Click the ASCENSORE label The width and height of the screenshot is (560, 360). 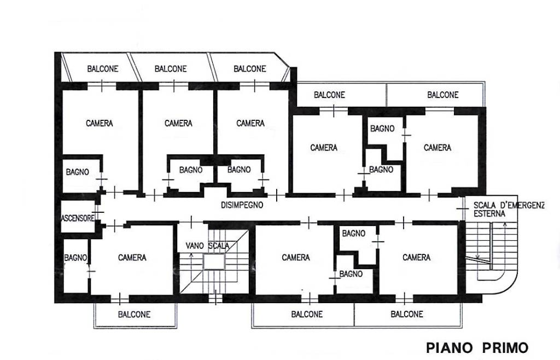click(x=78, y=218)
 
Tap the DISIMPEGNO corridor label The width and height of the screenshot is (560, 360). click(x=242, y=205)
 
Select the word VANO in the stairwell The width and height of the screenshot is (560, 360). click(x=195, y=246)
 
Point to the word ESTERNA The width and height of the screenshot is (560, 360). click(x=489, y=213)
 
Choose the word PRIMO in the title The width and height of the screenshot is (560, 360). click(x=505, y=347)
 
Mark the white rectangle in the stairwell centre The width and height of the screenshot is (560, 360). click(x=214, y=262)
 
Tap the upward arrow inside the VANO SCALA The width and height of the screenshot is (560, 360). click(x=191, y=265)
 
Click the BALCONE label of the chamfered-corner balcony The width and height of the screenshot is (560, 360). click(x=249, y=68)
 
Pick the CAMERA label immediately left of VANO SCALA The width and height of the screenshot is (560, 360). click(x=132, y=258)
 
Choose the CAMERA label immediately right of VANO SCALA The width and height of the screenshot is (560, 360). click(x=296, y=258)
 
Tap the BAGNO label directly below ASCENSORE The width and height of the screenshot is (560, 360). click(x=75, y=258)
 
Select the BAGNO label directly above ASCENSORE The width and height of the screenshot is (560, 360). click(x=78, y=172)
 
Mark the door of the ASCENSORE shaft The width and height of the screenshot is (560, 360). click(x=97, y=212)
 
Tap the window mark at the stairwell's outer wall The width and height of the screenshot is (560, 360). click(x=215, y=298)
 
